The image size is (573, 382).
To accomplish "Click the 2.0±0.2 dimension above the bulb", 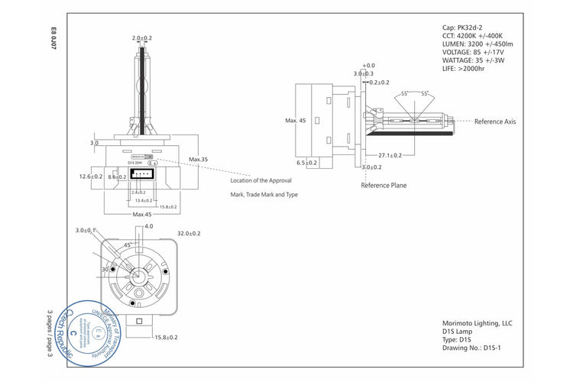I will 142,37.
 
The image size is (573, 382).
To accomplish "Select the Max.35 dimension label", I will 199,160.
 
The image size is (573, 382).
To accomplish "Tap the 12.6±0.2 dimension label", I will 91,176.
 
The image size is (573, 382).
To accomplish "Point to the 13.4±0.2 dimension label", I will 143,200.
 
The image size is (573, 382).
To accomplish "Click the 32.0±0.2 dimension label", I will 189,233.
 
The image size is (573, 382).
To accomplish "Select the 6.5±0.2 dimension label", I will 307,163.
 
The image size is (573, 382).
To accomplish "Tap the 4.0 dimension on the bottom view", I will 149,226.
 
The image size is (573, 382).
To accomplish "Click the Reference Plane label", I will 384,185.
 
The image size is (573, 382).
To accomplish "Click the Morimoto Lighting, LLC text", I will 477,323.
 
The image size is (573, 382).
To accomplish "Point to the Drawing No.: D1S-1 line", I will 471,348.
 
